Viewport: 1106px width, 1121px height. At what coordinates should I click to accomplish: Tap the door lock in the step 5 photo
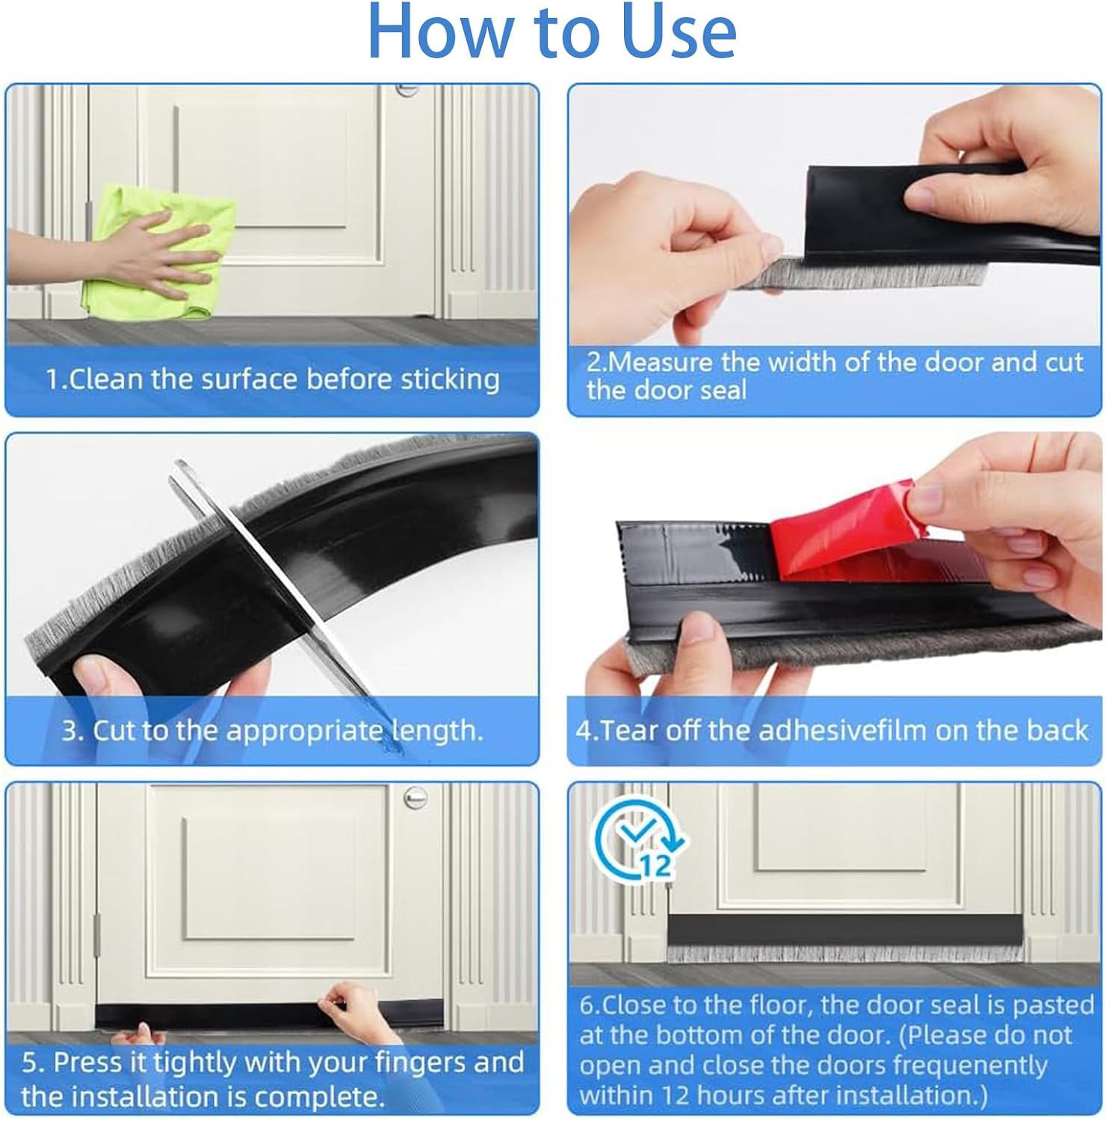[x=415, y=799]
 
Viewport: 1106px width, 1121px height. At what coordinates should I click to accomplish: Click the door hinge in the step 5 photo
[x=96, y=933]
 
